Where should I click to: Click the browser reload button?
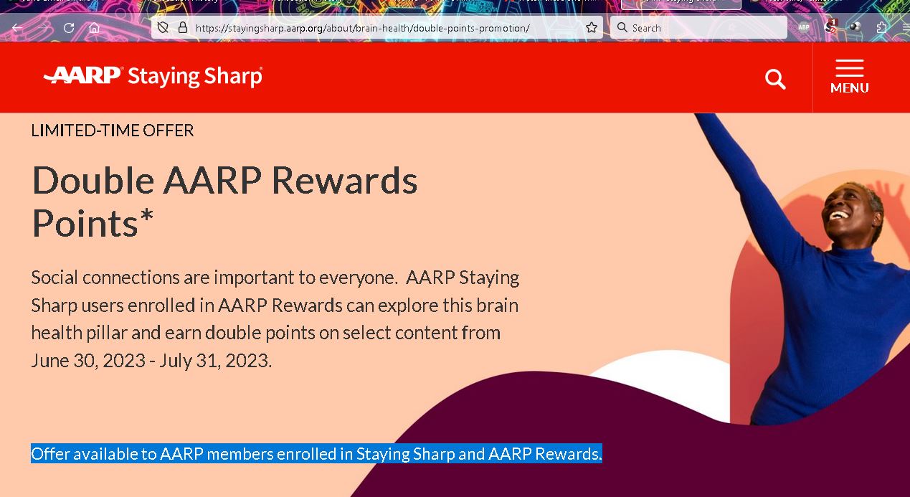(69, 28)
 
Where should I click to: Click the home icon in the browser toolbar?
(94, 28)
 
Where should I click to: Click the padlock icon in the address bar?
(182, 28)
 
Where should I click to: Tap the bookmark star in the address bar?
(591, 28)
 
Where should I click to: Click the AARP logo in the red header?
(83, 76)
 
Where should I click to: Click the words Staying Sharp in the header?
(194, 77)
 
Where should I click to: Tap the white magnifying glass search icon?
(775, 79)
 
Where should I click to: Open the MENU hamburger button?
(849, 77)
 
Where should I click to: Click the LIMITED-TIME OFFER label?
(113, 131)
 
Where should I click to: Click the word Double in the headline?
(93, 181)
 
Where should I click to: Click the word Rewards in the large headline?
(344, 181)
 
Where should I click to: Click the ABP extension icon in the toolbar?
(804, 28)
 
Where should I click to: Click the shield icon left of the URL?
(163, 28)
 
